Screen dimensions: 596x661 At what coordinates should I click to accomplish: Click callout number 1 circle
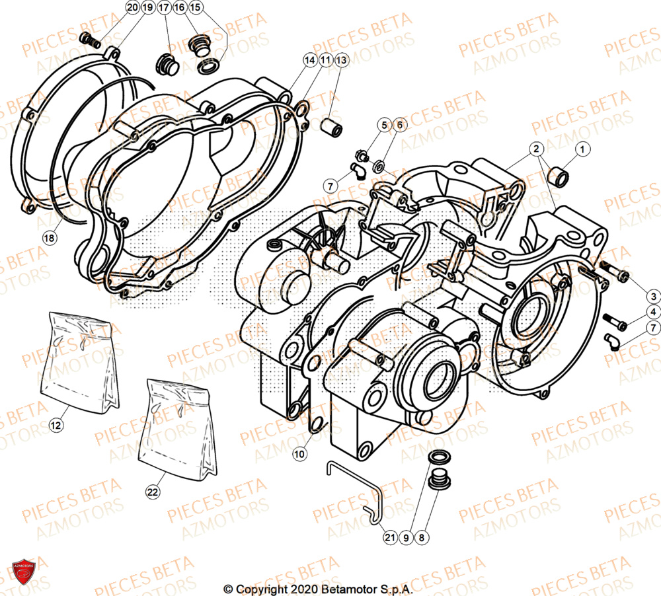coord(582,151)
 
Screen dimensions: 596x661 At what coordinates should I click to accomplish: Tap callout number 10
coord(299,454)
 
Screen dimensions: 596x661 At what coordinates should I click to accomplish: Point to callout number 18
coord(48,237)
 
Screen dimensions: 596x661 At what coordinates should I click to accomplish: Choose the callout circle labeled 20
coord(132,8)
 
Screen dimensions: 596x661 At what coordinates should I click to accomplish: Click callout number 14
coord(308,60)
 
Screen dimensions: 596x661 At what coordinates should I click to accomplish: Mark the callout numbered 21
coord(390,538)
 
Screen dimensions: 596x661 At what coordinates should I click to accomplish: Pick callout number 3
coord(652,296)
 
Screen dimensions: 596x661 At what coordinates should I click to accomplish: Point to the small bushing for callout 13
coord(331,127)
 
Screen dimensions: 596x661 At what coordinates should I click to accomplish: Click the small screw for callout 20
coord(89,40)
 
